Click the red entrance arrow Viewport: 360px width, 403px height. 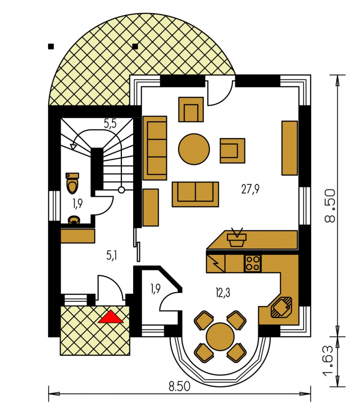[111, 317]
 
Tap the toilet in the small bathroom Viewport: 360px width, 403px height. [72, 183]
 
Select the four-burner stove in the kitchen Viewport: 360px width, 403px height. [252, 263]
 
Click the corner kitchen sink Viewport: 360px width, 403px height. [281, 307]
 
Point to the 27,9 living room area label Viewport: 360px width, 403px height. [250, 189]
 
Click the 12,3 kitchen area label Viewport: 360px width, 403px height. [223, 292]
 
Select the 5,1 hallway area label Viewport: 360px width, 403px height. [112, 255]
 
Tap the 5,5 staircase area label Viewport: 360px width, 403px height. [110, 124]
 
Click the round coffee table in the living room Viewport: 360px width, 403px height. [194, 149]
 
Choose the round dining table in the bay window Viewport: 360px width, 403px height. [220, 336]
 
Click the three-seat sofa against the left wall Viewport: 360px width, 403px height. [155, 148]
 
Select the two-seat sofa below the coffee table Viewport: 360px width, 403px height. [195, 194]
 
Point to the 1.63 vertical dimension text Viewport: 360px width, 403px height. [330, 360]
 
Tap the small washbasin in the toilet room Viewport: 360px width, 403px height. [74, 220]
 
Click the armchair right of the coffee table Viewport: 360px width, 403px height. [232, 150]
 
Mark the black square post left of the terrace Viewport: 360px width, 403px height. [51, 47]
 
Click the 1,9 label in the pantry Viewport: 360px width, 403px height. [156, 289]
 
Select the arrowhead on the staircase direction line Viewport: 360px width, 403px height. [74, 146]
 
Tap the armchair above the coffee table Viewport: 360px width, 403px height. [191, 109]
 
